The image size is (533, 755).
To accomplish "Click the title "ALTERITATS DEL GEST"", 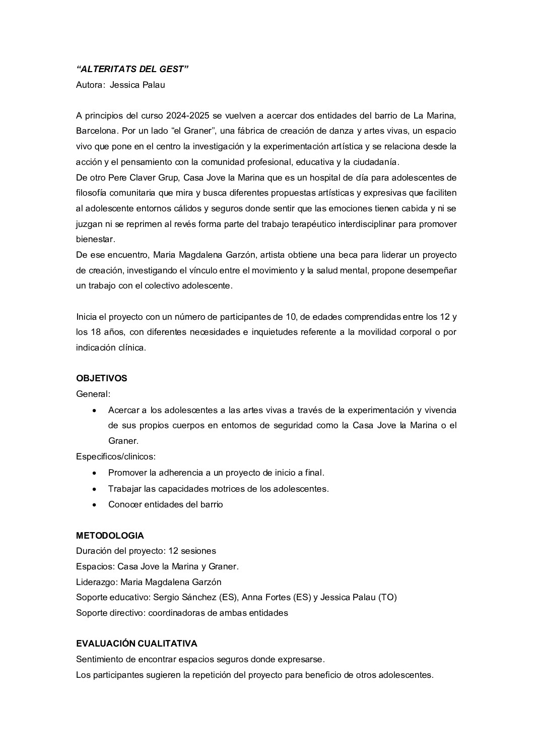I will click(x=132, y=69).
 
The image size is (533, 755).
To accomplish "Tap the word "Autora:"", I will click(x=90, y=85).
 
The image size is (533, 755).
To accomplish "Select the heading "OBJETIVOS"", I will click(x=101, y=378).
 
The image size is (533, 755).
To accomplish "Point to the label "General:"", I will click(x=93, y=394).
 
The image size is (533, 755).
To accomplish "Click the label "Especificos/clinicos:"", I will click(x=115, y=456).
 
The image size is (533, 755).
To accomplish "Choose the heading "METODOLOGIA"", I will click(x=110, y=536).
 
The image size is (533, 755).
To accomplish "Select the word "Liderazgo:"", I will click(x=97, y=582).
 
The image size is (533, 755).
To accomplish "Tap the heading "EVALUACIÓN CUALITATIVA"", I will click(x=137, y=644).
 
